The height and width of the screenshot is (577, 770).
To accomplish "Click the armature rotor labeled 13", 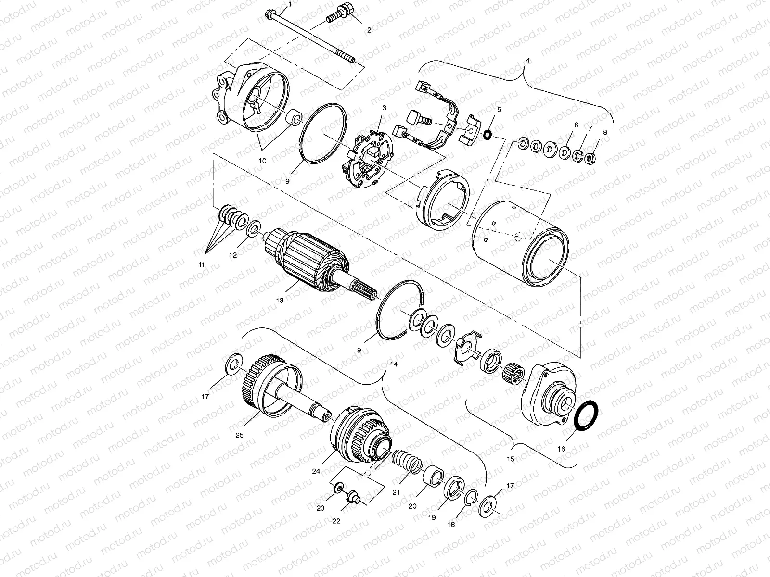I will (308, 260).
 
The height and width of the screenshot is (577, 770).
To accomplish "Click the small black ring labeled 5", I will (487, 134).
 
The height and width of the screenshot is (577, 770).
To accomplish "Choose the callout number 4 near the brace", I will (528, 61).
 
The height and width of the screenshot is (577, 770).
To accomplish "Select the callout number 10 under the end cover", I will (262, 161).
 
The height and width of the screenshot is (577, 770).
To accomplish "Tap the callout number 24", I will (316, 471).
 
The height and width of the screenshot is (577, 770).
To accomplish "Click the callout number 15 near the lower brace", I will (511, 459).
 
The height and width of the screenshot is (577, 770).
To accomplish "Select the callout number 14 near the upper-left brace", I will (394, 364).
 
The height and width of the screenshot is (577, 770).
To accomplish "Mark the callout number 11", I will (202, 265).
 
